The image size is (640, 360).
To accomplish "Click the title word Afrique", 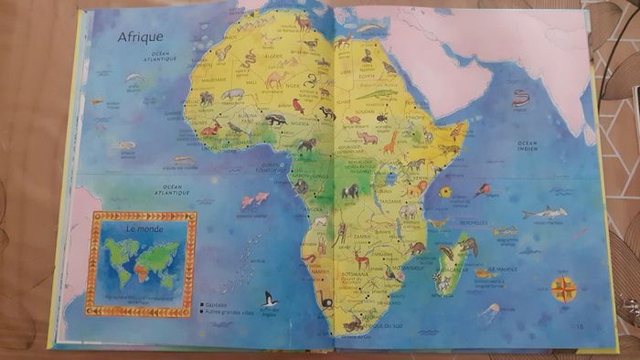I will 140,37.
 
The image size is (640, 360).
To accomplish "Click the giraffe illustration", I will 390,142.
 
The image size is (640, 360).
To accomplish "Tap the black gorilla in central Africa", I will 350,191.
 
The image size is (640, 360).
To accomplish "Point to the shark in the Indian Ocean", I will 544,213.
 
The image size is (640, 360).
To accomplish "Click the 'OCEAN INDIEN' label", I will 528,145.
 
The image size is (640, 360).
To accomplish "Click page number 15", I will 579,325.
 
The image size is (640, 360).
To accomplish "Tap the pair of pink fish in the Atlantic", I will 254,198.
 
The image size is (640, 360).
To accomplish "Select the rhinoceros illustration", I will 368,138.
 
